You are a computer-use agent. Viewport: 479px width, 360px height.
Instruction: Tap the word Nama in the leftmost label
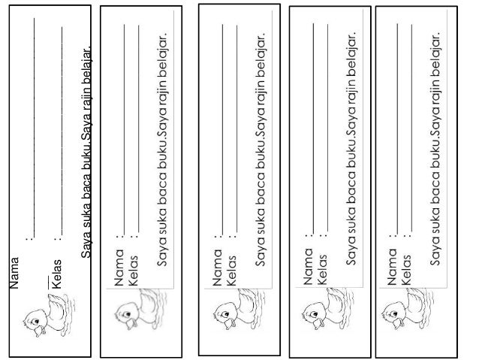click(13, 273)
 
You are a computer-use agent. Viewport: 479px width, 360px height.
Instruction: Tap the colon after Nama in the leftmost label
click(29, 240)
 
